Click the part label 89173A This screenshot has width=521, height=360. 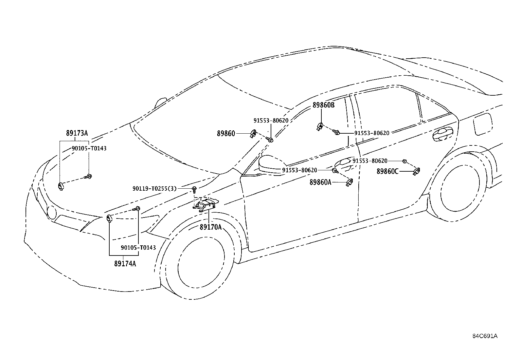click(x=77, y=133)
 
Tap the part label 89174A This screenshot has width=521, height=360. click(x=125, y=264)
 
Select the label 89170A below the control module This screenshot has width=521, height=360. click(x=211, y=227)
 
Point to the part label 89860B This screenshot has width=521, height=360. click(x=324, y=105)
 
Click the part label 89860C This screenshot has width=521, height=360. click(x=387, y=171)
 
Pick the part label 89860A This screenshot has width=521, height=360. click(x=320, y=182)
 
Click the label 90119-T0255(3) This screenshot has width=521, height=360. click(x=155, y=188)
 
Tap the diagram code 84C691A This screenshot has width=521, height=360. click(x=485, y=336)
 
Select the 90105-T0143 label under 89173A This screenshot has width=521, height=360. click(x=89, y=148)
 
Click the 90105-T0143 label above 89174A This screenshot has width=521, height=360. click(x=138, y=248)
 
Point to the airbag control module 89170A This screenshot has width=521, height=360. click(x=206, y=205)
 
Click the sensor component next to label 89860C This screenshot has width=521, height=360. click(x=417, y=171)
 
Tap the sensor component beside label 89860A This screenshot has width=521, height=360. click(x=350, y=182)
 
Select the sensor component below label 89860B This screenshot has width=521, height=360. click(x=320, y=127)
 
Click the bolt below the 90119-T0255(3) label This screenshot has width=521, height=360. click(x=194, y=190)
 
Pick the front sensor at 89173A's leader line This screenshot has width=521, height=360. click(x=61, y=186)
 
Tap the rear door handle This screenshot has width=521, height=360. click(x=442, y=134)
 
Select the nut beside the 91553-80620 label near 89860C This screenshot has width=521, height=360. click(x=404, y=161)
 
